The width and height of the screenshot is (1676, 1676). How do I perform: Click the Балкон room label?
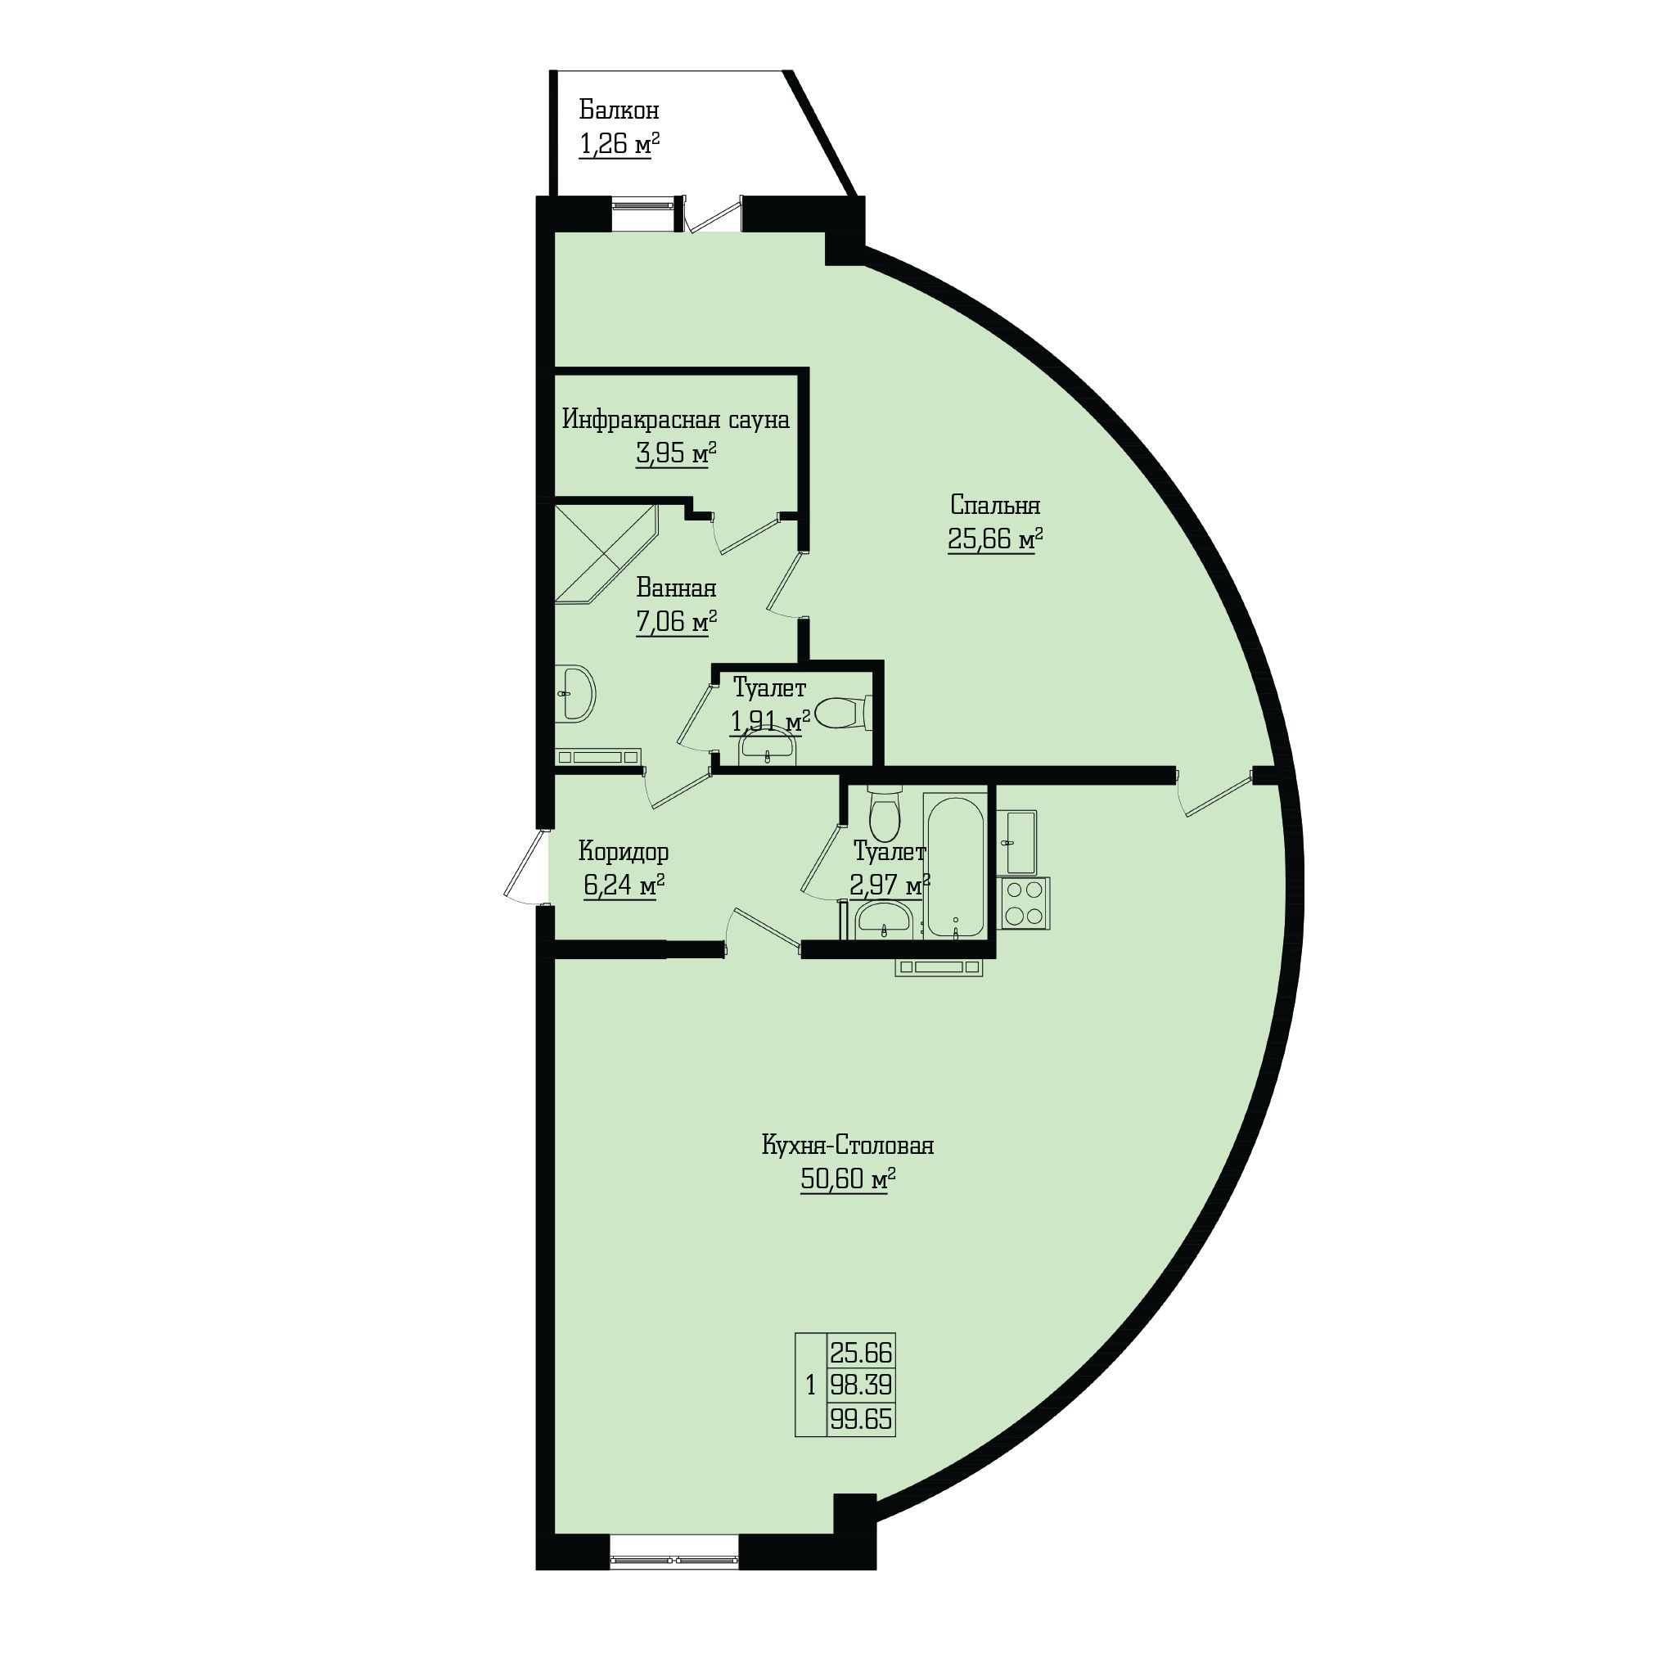pos(619,110)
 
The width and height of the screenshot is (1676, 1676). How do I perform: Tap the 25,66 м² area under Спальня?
pos(995,540)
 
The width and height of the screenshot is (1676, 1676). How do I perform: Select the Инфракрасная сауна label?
pos(676,420)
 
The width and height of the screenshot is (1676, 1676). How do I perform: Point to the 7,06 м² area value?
pos(677,622)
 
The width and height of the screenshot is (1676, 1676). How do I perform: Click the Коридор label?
pos(624,852)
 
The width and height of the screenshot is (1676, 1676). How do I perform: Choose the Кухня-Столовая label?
pos(848,1146)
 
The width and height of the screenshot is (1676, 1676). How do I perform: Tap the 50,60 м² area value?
pos(848,1180)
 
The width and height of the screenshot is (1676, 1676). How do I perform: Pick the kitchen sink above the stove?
pos(1017,842)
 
